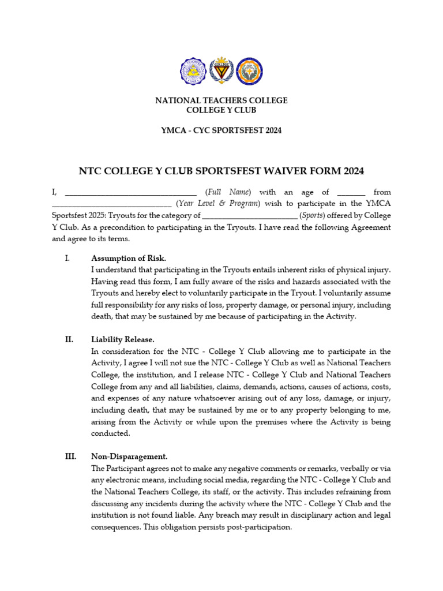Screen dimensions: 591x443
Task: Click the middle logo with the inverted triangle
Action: [x=221, y=72]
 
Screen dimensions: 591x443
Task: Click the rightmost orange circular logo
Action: [x=249, y=72]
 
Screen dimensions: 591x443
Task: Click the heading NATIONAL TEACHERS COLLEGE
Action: [x=221, y=100]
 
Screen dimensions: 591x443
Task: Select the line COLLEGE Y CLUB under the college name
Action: [x=221, y=110]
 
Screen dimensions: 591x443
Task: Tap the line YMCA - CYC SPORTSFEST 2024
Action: [x=221, y=130]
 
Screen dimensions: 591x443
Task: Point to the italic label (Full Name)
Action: [x=228, y=192]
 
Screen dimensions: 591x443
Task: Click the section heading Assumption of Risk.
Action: [x=129, y=258]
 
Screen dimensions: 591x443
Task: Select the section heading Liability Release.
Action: [x=123, y=339]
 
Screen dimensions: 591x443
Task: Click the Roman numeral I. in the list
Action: [x=67, y=258]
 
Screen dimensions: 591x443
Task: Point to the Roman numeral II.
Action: [x=69, y=339]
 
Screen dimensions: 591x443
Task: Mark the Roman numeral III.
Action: [x=70, y=457]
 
